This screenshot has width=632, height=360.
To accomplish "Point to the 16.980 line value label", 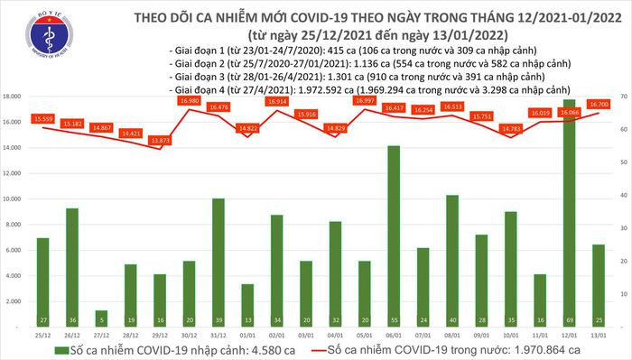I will point(190,101).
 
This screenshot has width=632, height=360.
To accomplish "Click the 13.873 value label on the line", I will point(161,140).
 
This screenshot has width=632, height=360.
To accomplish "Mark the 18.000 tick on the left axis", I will point(14,97).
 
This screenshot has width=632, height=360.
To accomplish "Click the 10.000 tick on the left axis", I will point(14,198).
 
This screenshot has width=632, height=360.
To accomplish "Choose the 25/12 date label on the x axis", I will point(43,334).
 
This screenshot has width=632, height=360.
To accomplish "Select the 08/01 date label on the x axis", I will point(452,334).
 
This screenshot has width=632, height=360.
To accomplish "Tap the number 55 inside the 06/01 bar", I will point(394,319).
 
